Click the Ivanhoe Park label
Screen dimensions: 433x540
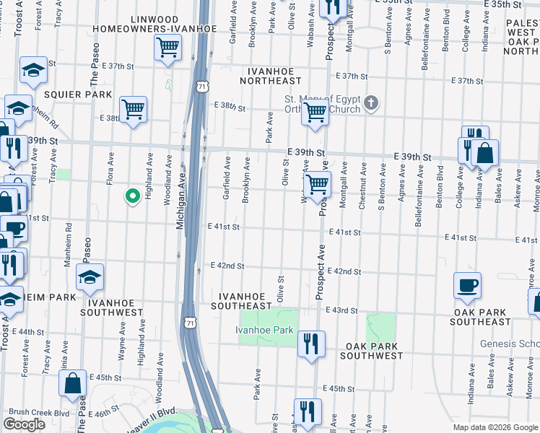[264, 330]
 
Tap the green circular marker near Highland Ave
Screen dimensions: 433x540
[132, 196]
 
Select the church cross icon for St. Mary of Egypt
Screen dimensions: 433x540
[371, 104]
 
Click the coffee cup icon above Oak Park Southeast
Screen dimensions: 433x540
[467, 284]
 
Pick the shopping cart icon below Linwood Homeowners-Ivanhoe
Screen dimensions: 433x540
[167, 48]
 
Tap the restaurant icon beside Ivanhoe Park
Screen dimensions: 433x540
[311, 343]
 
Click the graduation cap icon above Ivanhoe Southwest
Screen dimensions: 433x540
[90, 277]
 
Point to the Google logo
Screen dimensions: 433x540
[24, 424]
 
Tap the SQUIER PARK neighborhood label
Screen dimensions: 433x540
[77, 95]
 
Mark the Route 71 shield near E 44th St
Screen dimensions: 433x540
[190, 318]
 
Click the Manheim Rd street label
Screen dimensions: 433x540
[69, 245]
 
